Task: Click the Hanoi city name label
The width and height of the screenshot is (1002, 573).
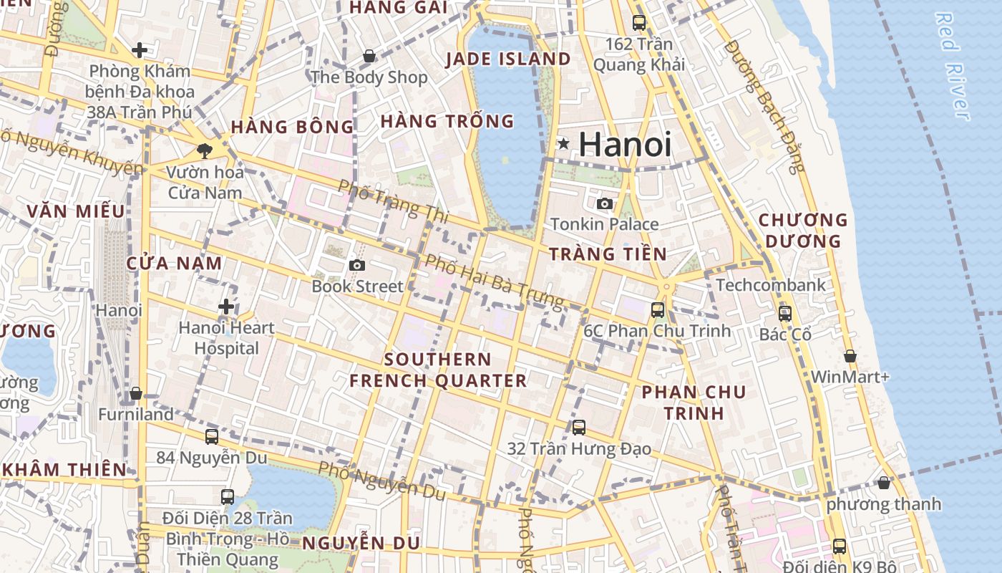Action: pos(625,145)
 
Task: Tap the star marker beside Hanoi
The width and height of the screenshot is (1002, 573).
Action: pos(564,144)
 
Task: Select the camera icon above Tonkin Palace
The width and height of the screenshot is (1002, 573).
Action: pos(605,203)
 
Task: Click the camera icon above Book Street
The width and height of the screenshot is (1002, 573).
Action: pos(357,266)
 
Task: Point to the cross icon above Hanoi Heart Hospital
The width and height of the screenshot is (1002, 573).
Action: pos(226,307)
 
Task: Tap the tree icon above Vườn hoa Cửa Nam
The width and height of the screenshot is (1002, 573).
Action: pos(205,151)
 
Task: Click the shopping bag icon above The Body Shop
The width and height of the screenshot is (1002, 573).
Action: pos(369,56)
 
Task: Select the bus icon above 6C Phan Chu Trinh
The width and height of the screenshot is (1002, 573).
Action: pos(657,310)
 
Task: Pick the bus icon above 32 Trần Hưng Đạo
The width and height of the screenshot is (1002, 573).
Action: pos(579,428)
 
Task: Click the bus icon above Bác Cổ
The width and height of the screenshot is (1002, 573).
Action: pos(785,314)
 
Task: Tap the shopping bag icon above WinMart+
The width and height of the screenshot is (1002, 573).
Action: pos(850,356)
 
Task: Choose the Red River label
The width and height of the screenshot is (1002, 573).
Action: pos(953,66)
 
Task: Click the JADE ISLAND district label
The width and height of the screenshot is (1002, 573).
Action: pos(508,59)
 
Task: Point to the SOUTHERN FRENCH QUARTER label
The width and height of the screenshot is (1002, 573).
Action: pos(438,370)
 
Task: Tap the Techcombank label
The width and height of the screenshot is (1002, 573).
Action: pos(771,285)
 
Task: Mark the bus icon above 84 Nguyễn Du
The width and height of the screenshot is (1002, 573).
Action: pos(212,436)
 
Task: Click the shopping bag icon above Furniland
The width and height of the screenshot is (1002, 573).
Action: pos(136,393)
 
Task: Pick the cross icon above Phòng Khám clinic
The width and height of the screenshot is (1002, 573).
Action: pos(140,50)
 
